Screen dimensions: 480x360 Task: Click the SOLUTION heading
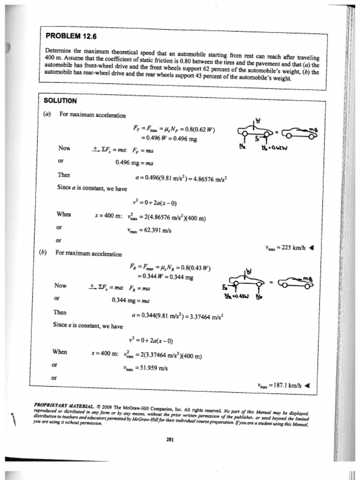(x=60, y=100)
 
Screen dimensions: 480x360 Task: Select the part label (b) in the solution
(x=43, y=252)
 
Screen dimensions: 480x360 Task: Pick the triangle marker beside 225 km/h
(x=312, y=248)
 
